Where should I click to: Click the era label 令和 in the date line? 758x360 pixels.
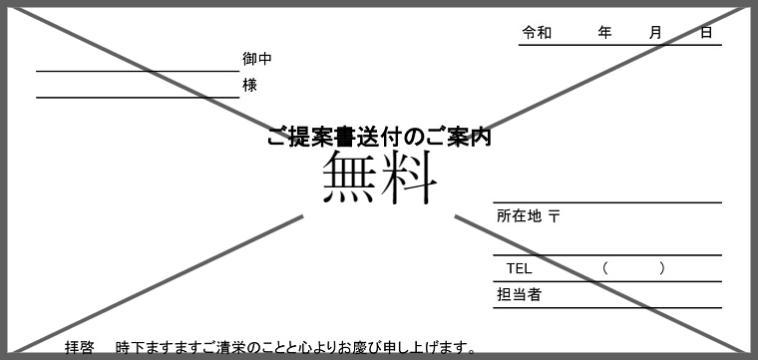pyautogui.click(x=537, y=33)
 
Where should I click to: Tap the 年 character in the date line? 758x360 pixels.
pyautogui.click(x=604, y=33)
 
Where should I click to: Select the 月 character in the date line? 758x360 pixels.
pyautogui.click(x=655, y=33)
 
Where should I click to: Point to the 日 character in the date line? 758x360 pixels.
pyautogui.click(x=706, y=33)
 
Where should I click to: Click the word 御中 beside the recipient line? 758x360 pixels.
pyautogui.click(x=256, y=59)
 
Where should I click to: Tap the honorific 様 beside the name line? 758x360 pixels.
pyautogui.click(x=249, y=86)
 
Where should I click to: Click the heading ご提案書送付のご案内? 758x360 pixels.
pyautogui.click(x=379, y=138)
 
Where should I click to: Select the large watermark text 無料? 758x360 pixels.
pyautogui.click(x=380, y=178)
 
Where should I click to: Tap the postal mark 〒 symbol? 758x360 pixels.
pyautogui.click(x=555, y=215)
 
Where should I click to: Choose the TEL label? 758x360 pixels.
pyautogui.click(x=520, y=268)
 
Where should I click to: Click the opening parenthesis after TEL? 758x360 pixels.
pyautogui.click(x=605, y=268)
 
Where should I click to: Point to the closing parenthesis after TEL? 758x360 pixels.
pyautogui.click(x=662, y=268)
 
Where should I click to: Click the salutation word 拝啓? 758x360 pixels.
pyautogui.click(x=80, y=348)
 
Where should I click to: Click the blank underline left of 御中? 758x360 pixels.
pyautogui.click(x=137, y=71)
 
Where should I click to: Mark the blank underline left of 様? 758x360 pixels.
pyautogui.click(x=137, y=97)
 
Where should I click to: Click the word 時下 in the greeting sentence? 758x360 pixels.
pyautogui.click(x=130, y=348)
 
